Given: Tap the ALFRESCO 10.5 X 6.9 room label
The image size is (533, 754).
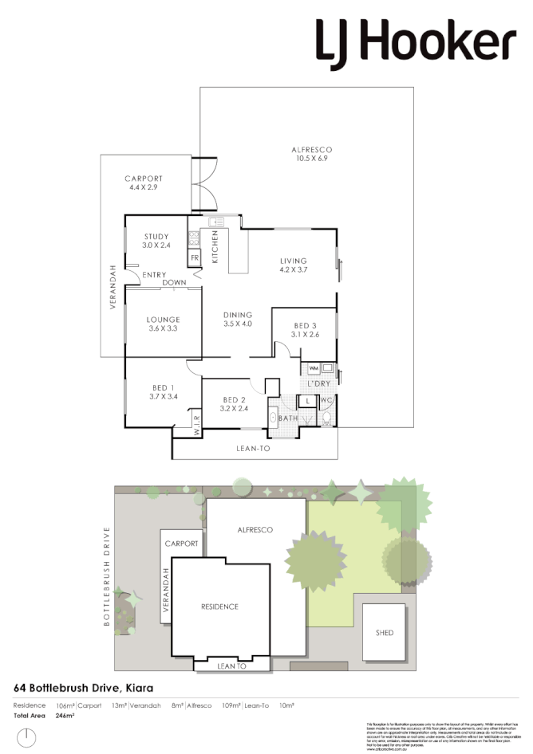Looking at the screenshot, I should pyautogui.click(x=310, y=154).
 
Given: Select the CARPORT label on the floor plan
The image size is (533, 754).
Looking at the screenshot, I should pyautogui.click(x=144, y=183).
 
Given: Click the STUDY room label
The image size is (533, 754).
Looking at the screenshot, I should pyautogui.click(x=156, y=241).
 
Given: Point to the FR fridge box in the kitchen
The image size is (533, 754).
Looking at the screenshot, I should pyautogui.click(x=194, y=259).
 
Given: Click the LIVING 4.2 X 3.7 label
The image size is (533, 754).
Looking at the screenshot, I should pyautogui.click(x=294, y=265).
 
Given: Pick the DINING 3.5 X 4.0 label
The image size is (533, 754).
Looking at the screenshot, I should pyautogui.click(x=238, y=319).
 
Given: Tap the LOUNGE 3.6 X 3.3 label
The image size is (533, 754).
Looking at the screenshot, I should pyautogui.click(x=162, y=324).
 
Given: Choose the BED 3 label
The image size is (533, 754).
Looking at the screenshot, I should pyautogui.click(x=306, y=330).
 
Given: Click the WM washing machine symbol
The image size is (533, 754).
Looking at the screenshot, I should pyautogui.click(x=313, y=367).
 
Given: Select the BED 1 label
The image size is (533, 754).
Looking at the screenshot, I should pyautogui.click(x=162, y=391).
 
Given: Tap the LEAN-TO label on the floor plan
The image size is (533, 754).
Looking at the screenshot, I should pyautogui.click(x=253, y=450).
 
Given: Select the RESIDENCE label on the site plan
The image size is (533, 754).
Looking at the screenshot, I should pyautogui.click(x=219, y=607).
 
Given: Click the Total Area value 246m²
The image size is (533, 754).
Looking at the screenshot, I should pyautogui.click(x=65, y=716).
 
